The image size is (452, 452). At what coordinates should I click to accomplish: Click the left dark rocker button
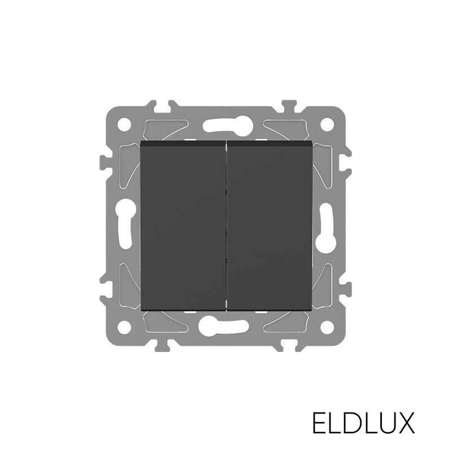pos(182,226)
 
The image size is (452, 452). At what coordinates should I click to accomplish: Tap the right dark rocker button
pos(270,226)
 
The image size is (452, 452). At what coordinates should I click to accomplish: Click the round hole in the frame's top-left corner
pos(125,124)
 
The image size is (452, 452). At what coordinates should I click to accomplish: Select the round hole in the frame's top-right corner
pos(327,124)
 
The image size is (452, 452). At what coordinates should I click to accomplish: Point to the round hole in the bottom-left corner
pos(125,328)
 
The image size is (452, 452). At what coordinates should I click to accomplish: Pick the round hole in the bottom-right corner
pos(327,328)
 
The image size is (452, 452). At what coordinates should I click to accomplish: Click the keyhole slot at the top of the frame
pos(228,124)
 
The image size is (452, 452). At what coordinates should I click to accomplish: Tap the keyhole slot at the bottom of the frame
pos(224,327)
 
